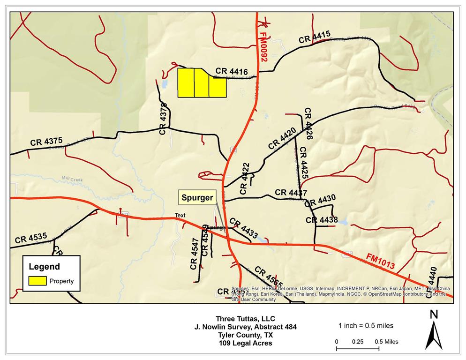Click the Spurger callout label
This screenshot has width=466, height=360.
click(197, 198)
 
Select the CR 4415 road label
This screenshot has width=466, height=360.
click(315, 37)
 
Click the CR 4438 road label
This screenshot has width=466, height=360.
click(322, 220)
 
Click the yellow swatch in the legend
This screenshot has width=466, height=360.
click(37, 281)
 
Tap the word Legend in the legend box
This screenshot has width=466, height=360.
click(45, 267)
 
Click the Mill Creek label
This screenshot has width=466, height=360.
click(71, 179)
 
